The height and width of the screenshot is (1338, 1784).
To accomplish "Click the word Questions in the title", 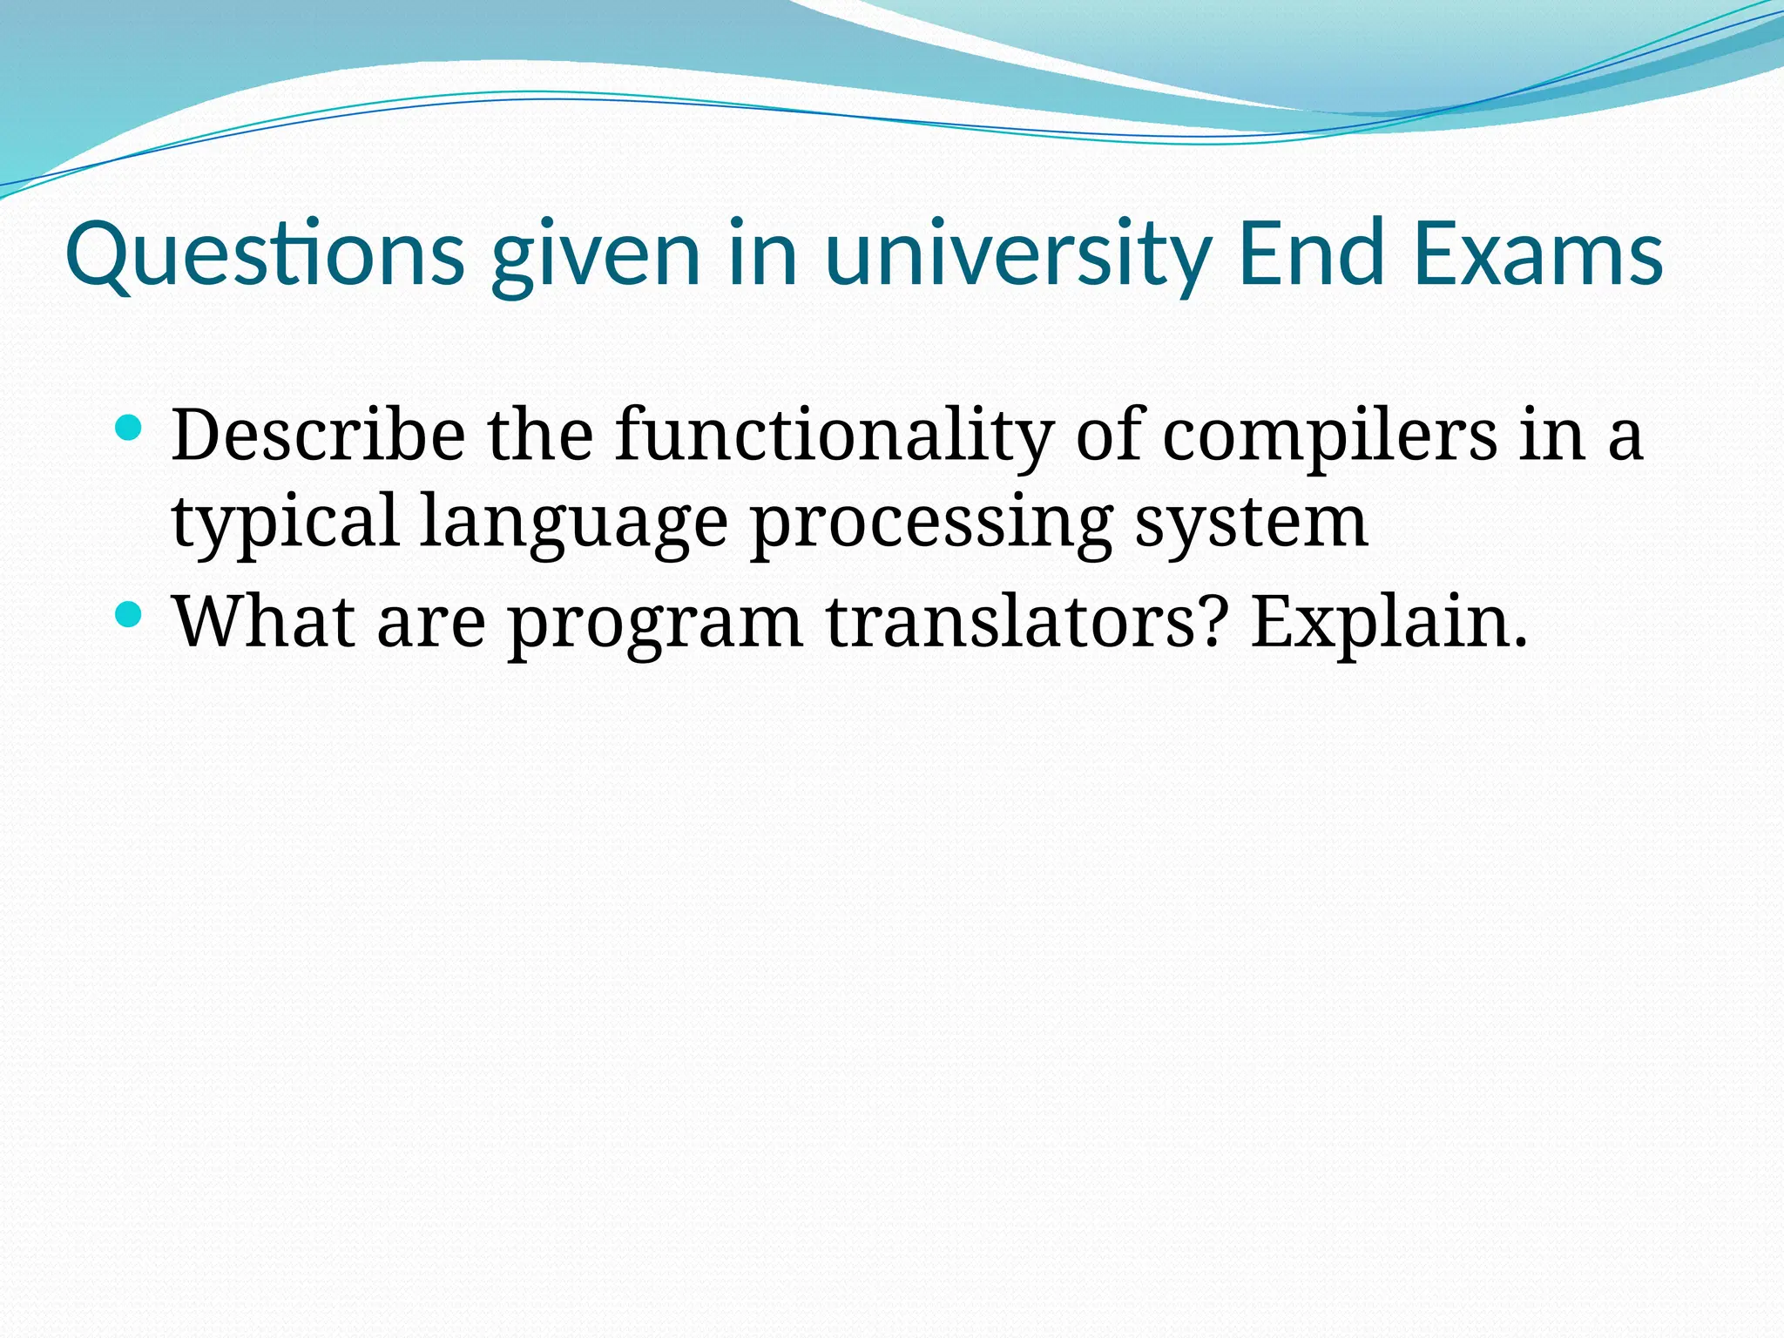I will click(265, 254).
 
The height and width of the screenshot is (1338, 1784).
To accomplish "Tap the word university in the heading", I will click(1017, 254).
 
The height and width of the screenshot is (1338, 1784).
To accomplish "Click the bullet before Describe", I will click(128, 427).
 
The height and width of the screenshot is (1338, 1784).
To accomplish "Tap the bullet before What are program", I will click(128, 614).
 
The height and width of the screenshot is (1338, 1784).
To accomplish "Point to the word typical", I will click(285, 523).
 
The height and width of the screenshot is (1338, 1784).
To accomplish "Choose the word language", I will click(573, 523).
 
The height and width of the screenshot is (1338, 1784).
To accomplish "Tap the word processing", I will click(931, 523).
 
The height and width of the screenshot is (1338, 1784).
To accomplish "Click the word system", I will click(1251, 523).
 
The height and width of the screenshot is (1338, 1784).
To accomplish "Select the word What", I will click(264, 622).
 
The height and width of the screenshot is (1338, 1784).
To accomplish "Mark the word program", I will click(655, 622).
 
